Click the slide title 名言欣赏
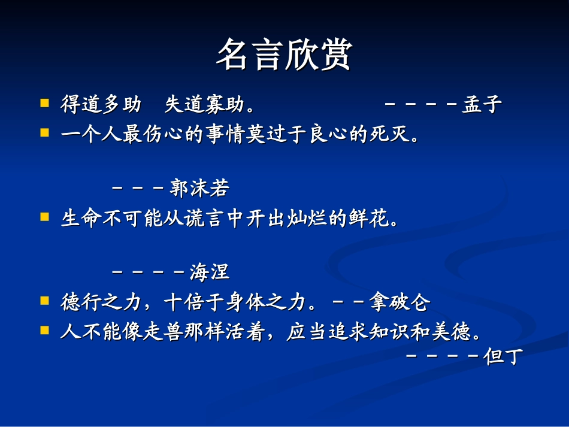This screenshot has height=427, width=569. (284, 54)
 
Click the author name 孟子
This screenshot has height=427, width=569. (482, 105)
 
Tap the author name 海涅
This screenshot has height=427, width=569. (210, 272)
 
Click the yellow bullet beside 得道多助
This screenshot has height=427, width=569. (44, 104)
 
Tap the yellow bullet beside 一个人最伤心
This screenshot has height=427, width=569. (44, 133)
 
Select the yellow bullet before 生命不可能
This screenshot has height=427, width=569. (44, 217)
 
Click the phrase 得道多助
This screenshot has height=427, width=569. (101, 105)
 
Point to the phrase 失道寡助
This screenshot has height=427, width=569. (204, 105)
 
